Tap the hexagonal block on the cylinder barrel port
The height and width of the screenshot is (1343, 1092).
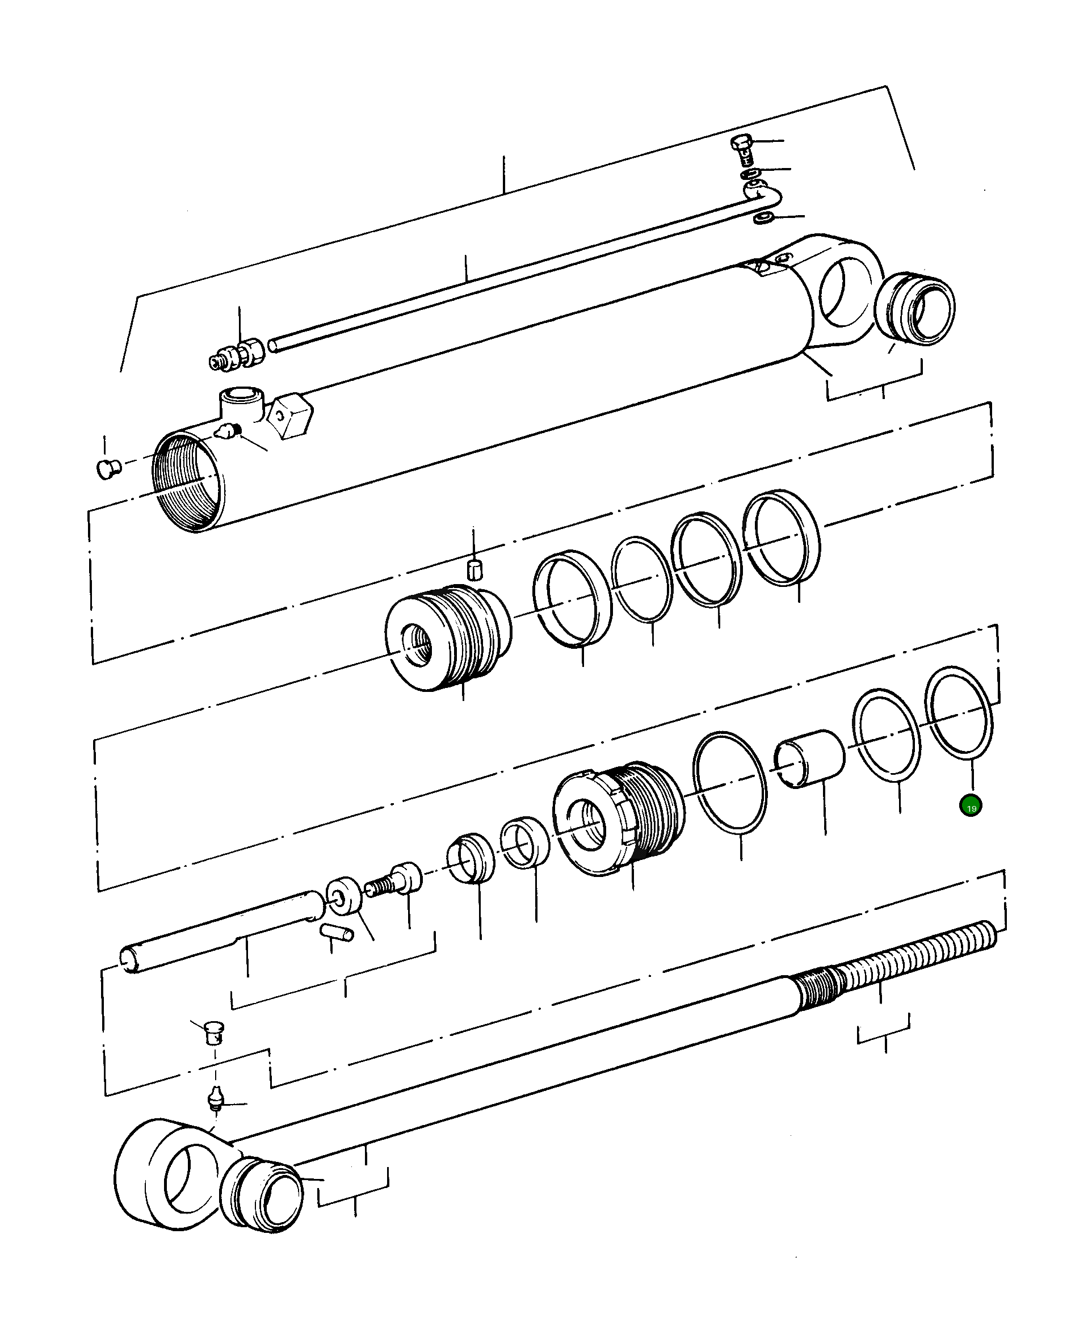290,414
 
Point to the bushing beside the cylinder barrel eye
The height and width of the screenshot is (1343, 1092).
915,308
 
